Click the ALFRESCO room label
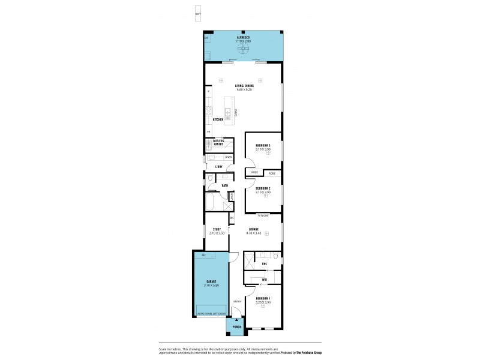click(x=244, y=37)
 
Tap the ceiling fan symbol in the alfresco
click(x=244, y=50)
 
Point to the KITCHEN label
click(x=218, y=120)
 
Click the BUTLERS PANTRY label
click(x=218, y=142)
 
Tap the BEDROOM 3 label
click(x=263, y=145)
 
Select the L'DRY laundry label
click(x=219, y=166)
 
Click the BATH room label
click(x=224, y=185)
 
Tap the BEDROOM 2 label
click(x=263, y=188)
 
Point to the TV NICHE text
click(x=263, y=214)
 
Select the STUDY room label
click(x=217, y=229)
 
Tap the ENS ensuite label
click(x=264, y=263)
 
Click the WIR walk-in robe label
click(x=264, y=280)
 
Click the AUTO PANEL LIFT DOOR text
click(x=211, y=314)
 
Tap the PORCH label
click(x=236, y=327)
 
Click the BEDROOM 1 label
click(x=263, y=298)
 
